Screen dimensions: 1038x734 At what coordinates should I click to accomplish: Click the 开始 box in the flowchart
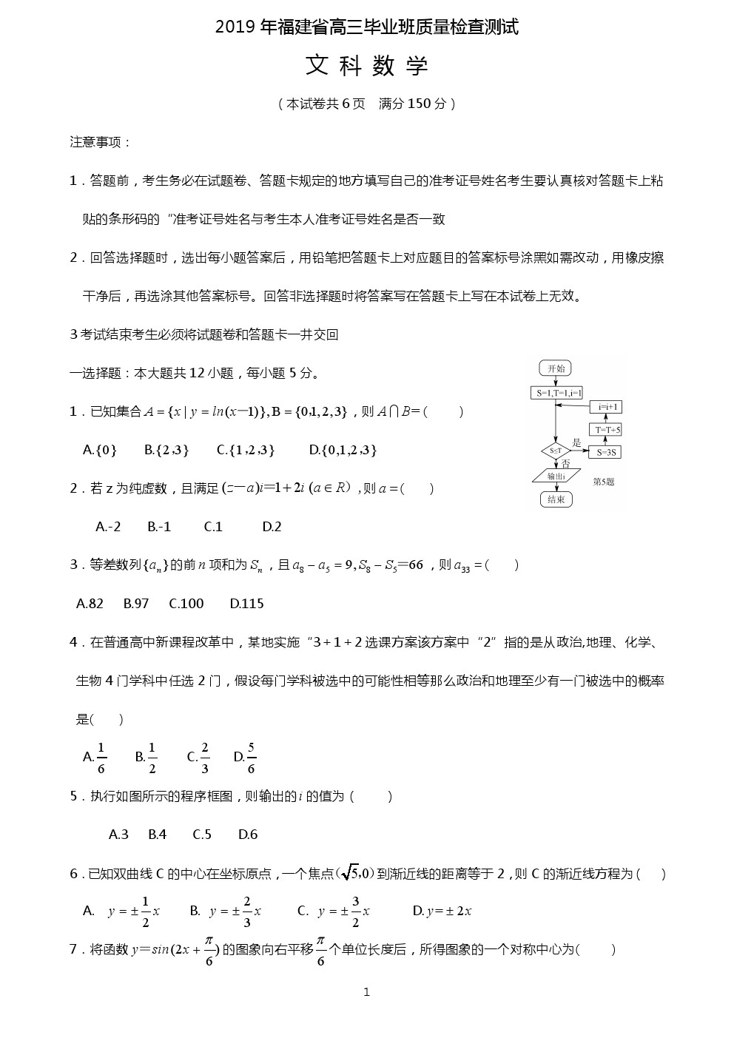click(556, 368)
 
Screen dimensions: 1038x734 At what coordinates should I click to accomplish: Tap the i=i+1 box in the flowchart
click(605, 407)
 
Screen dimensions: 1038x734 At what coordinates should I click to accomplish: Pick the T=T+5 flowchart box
click(605, 430)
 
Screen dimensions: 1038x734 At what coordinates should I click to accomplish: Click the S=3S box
click(605, 452)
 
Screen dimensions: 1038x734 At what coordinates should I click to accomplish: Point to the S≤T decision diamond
click(556, 451)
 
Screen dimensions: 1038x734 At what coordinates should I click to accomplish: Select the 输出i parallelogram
click(556, 476)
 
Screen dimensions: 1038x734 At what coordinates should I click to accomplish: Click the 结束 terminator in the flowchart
click(556, 499)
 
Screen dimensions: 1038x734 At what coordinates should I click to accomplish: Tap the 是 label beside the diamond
click(576, 443)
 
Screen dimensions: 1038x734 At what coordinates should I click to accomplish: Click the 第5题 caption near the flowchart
click(604, 482)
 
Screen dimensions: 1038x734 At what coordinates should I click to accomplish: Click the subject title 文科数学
click(367, 67)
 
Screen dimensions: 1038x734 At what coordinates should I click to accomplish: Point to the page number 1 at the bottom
click(367, 992)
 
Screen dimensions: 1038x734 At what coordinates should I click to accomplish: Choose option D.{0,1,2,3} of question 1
click(343, 450)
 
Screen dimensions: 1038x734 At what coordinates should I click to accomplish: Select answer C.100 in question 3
click(186, 604)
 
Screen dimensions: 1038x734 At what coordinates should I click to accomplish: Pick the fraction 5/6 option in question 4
click(246, 757)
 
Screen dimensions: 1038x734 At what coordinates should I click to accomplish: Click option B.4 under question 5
click(157, 835)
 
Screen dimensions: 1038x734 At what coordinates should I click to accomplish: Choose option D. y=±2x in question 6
click(442, 911)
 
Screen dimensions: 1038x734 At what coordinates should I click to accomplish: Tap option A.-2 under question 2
click(108, 527)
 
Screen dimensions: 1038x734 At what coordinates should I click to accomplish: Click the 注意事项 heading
click(101, 142)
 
